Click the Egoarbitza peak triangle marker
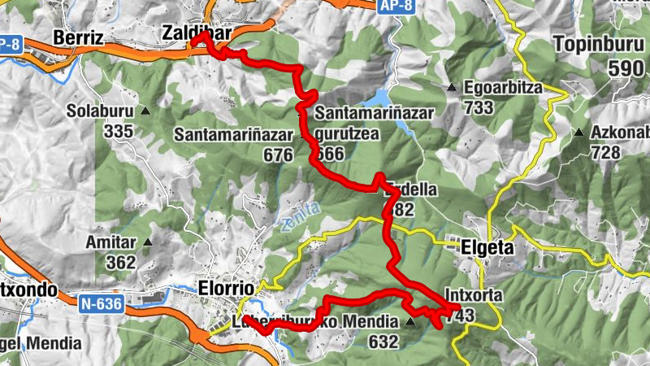(x=452, y=87)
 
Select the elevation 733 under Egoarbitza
(x=480, y=107)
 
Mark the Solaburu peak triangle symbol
(x=146, y=111)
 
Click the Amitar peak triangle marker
(x=148, y=242)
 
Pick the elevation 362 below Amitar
(x=119, y=262)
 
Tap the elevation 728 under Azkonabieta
(x=606, y=152)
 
